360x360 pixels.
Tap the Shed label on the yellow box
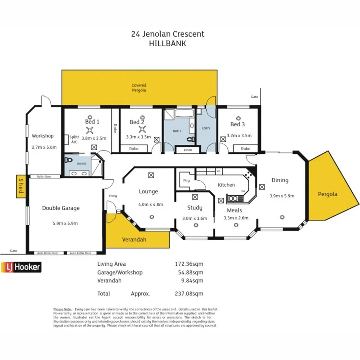pos(21,187)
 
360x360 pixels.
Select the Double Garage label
pos(61,208)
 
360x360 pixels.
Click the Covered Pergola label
pos(139,88)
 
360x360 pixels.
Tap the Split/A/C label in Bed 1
pos(74,139)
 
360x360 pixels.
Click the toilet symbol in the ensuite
pos(70,160)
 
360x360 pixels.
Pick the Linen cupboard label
pos(187,150)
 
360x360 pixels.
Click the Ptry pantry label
pos(186,180)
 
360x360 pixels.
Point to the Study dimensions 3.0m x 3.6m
pos(195,218)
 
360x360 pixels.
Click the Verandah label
pos(134,239)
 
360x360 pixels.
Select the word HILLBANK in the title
pos(167,44)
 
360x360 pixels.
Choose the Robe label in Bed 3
pos(245,149)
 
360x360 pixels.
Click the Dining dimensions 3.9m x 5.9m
pos(282,196)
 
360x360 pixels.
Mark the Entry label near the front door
pos(112,196)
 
